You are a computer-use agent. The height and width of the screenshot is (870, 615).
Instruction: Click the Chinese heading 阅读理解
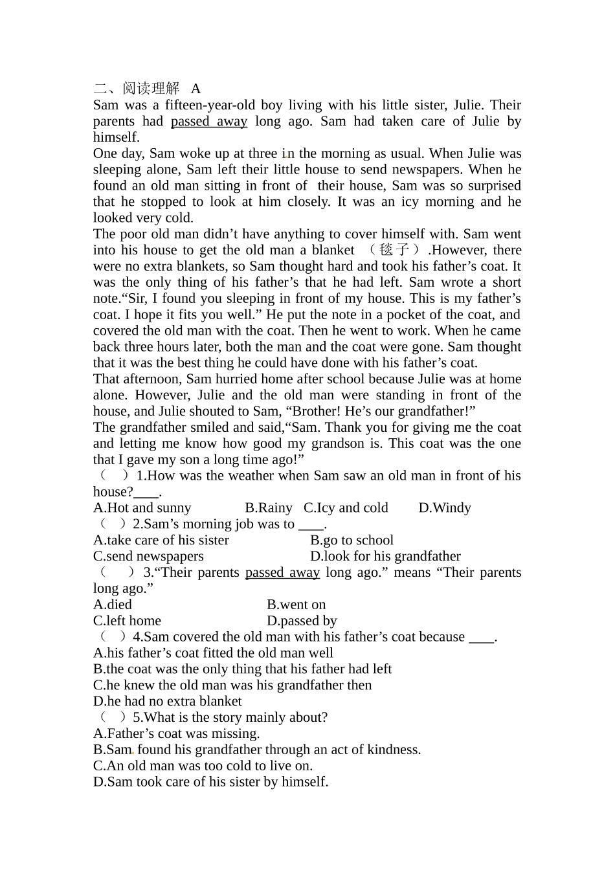tap(151, 89)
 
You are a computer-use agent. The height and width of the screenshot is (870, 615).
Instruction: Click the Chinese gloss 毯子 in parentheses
tap(394, 250)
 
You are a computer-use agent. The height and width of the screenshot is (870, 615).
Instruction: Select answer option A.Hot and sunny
tap(142, 508)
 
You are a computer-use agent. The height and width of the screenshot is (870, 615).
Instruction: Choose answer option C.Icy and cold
tap(346, 508)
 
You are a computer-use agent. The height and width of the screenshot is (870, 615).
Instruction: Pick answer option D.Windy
tap(445, 508)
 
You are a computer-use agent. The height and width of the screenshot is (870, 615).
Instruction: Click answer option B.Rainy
tap(269, 508)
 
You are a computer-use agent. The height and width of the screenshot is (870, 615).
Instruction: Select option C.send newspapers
tap(148, 556)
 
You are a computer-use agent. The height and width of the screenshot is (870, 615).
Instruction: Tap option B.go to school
tap(352, 540)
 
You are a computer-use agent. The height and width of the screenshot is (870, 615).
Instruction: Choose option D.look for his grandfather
tap(385, 556)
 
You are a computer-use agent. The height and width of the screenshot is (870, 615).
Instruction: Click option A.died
tap(113, 605)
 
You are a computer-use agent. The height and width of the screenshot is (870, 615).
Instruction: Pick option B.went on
tap(296, 605)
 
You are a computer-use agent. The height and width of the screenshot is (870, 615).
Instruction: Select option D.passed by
tap(302, 621)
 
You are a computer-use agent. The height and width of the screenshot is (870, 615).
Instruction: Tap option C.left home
tap(127, 621)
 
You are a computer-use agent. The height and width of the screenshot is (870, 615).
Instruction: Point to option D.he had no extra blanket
tap(167, 701)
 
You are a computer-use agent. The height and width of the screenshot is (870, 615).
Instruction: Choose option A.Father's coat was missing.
tap(176, 733)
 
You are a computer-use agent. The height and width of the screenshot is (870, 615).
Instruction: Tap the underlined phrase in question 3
tap(282, 572)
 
